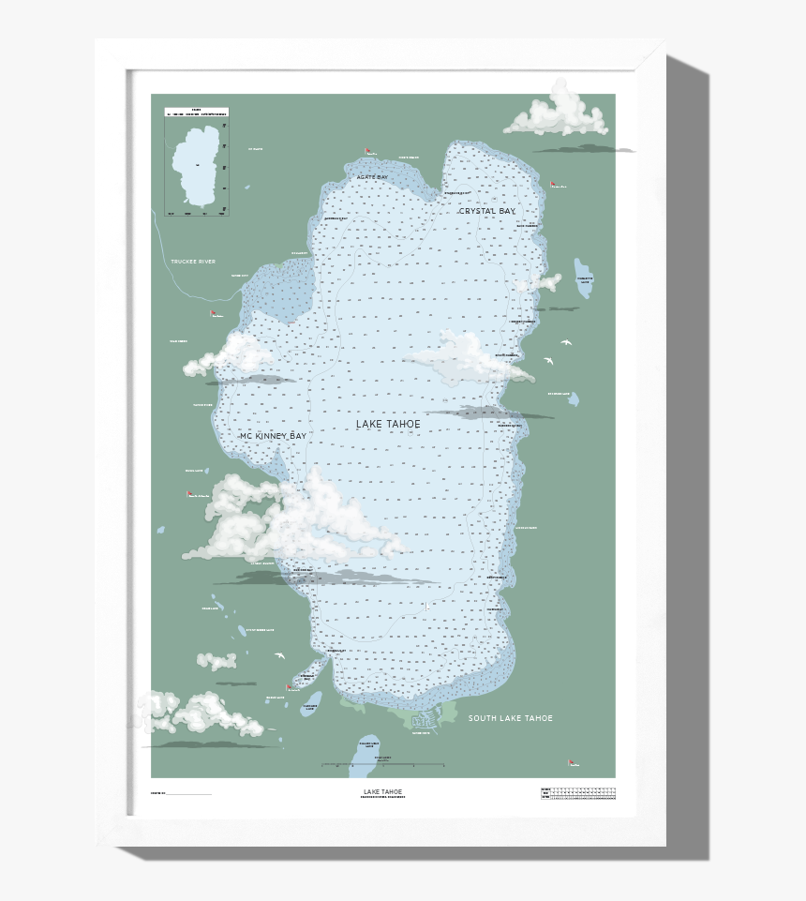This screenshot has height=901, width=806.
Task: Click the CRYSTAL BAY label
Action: (x=486, y=212)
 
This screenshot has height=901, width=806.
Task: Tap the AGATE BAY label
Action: (x=371, y=177)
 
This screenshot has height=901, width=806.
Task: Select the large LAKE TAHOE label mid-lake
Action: (x=388, y=425)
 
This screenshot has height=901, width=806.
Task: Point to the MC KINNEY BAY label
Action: (x=273, y=437)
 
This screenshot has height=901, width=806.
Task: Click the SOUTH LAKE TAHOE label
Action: (x=510, y=718)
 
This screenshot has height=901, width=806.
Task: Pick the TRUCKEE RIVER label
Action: (x=193, y=262)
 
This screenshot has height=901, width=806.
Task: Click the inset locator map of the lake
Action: (x=197, y=162)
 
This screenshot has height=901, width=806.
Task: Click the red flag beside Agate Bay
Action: (x=369, y=151)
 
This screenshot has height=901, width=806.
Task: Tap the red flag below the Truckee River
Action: (x=214, y=313)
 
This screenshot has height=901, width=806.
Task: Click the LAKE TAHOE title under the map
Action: (x=383, y=791)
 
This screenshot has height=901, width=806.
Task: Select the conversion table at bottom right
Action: (x=578, y=794)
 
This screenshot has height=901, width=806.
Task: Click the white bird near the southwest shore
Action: (x=278, y=655)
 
